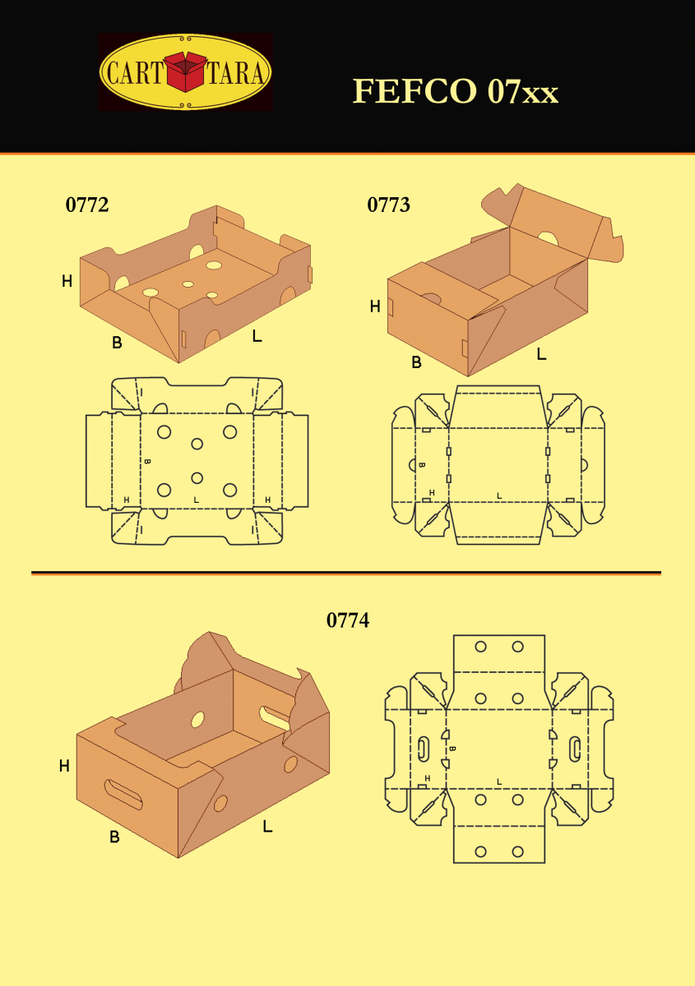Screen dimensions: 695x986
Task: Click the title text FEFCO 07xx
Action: click(x=456, y=91)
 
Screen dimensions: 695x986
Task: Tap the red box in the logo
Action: click(x=186, y=71)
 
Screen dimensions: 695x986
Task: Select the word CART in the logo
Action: click(x=134, y=72)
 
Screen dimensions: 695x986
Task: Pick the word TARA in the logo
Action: click(x=236, y=72)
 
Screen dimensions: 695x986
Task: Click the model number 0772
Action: click(x=87, y=205)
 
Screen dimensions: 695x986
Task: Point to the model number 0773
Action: click(x=388, y=205)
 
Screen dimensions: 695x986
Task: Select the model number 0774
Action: click(x=348, y=620)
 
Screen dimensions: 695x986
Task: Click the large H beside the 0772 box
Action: click(x=67, y=281)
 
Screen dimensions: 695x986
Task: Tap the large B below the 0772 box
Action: click(x=117, y=342)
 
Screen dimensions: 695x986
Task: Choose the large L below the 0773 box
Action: click(x=541, y=353)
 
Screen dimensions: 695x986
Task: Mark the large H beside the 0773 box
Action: click(x=375, y=306)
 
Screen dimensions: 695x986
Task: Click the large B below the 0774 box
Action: click(x=114, y=836)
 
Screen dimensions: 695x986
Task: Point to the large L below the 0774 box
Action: click(x=267, y=827)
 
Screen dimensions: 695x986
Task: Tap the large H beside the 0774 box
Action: click(x=64, y=766)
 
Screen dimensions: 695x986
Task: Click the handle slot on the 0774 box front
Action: click(x=123, y=795)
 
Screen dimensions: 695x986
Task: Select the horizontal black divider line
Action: click(x=346, y=573)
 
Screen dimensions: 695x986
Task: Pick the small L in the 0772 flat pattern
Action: click(x=197, y=500)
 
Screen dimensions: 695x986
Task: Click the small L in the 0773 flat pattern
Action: click(x=499, y=495)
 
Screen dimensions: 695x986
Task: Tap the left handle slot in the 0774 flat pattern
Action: click(x=422, y=748)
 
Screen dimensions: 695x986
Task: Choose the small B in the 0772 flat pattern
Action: click(x=148, y=461)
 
